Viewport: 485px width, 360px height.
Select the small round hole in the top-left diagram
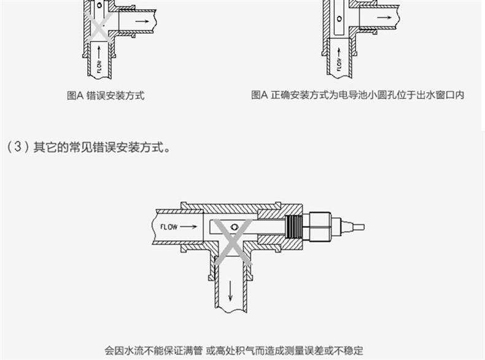coord(99,6)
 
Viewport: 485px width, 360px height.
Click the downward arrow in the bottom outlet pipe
coord(231,288)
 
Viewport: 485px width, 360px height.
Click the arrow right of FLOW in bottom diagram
coord(189,227)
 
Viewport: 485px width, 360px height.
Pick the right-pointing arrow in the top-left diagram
coord(142,21)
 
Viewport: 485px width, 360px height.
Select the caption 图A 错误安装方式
coord(105,95)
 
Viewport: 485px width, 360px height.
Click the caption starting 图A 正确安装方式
coord(357,95)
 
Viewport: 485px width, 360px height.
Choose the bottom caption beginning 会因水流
coord(234,350)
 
